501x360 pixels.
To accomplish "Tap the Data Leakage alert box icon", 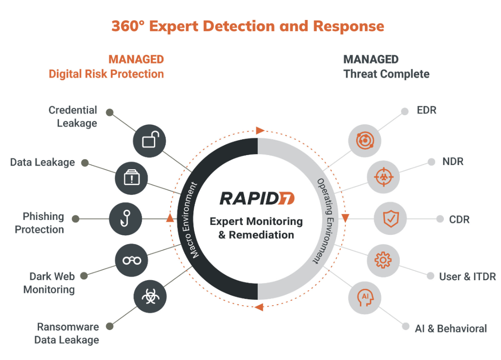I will pos(132,178).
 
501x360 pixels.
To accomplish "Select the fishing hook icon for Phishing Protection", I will pos(126,219).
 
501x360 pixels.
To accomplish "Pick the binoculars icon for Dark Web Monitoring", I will pos(132,260).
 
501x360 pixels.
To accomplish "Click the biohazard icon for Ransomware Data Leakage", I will pos(150,297).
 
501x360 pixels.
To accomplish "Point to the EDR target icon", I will pos(364,140).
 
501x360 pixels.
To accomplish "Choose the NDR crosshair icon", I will pos(383,177).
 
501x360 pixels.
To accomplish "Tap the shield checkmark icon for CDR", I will pos(390,219).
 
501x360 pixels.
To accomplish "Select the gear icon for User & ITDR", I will pos(383,260).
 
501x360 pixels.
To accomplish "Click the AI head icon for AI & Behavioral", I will pos(364,297).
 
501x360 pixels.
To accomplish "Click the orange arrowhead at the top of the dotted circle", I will pos(260,131).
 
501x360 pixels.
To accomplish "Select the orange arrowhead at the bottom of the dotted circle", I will pos(259,307).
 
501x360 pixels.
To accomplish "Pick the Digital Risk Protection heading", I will pos(106,74).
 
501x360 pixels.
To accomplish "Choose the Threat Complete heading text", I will pos(386,74).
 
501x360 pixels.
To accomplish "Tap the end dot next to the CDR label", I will pos(440,219).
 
